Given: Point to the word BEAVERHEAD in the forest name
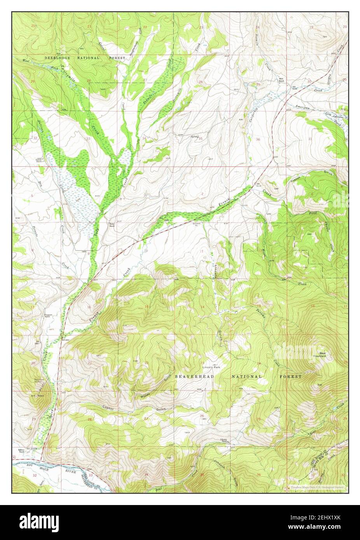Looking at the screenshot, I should point(194,377).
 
